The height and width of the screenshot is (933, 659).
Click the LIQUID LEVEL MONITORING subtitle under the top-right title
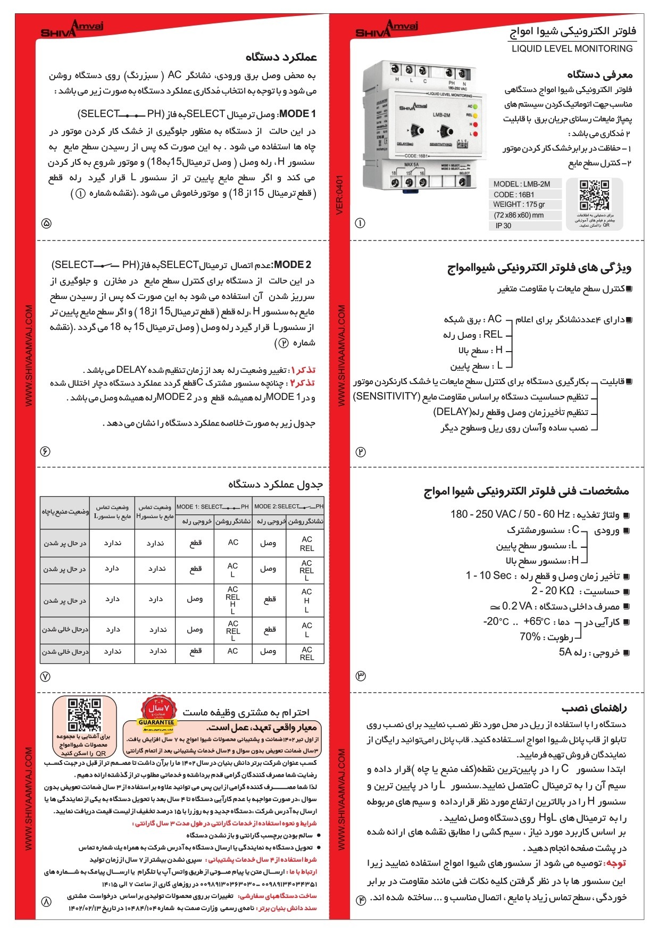coord(572,49)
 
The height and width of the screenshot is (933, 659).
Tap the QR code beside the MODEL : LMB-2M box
coord(594,196)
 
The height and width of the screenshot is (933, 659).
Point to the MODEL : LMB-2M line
coord(521,184)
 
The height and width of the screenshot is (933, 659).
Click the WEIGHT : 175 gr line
coord(519,205)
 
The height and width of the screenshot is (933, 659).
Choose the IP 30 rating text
coord(503,226)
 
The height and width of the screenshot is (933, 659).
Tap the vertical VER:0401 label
coord(340,195)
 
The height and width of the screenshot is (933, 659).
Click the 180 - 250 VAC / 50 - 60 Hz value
coord(510,514)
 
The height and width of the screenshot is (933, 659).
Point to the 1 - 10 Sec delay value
coord(488,576)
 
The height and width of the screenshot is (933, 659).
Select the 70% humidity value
coord(530,637)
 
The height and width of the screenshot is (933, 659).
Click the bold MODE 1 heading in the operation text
coord(297,114)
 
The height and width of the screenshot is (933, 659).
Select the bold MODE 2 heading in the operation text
coord(293,264)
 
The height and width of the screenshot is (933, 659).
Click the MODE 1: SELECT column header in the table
coord(212,506)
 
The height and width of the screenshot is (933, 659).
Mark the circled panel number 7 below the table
coord(45,677)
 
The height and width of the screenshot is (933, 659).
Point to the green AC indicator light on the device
coord(474,106)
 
